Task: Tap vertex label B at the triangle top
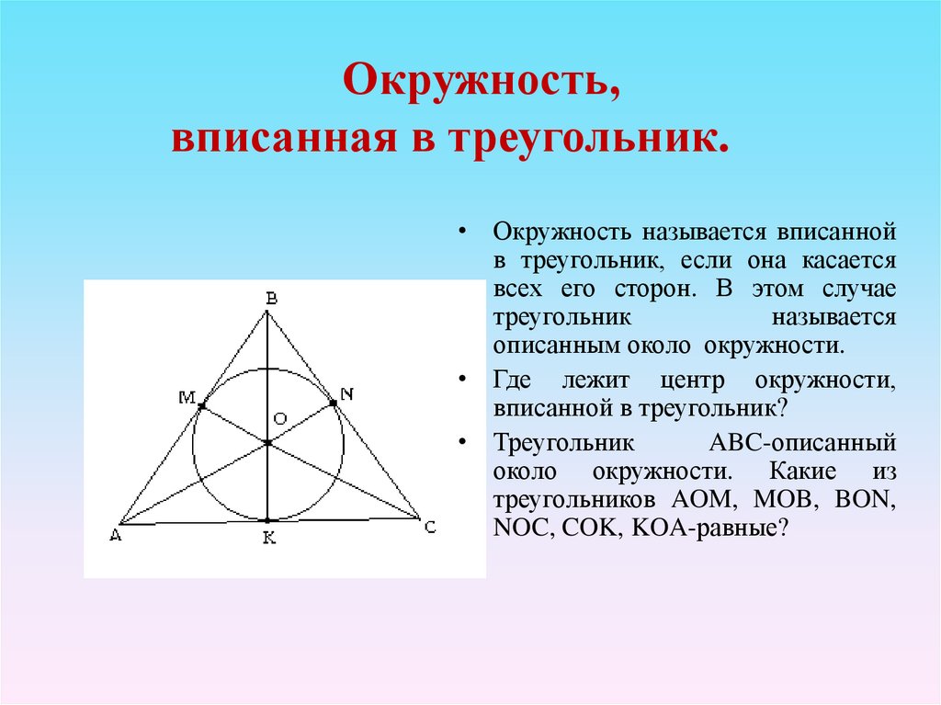270,297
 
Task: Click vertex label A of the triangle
115,537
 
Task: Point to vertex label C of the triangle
429,527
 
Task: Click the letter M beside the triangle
187,397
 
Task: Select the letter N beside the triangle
346,394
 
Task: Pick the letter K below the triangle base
269,540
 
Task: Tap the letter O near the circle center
281,418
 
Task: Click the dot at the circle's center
267,443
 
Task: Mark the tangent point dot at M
201,405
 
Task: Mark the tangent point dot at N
332,403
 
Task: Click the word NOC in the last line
519,530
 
